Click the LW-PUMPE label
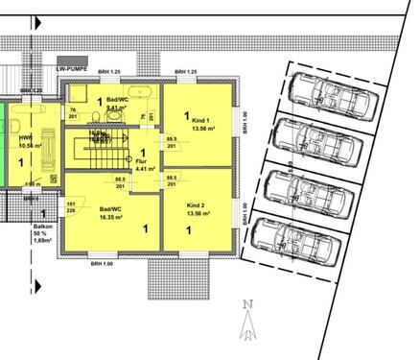(74, 70)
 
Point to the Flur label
(142, 162)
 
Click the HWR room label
(25, 138)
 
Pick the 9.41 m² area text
(116, 108)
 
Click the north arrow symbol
(248, 320)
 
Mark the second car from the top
(315, 145)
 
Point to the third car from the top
(306, 194)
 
